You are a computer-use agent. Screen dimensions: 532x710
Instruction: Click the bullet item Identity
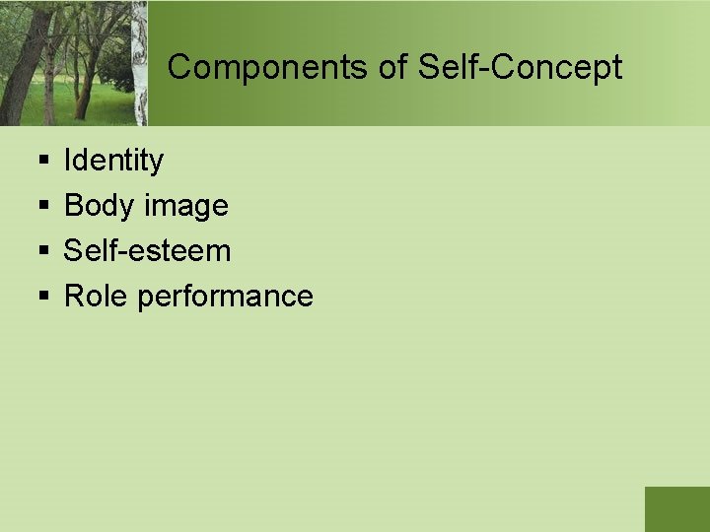click(x=113, y=160)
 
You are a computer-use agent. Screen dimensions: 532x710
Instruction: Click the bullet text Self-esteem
click(x=147, y=250)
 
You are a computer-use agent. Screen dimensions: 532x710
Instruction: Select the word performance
click(x=226, y=297)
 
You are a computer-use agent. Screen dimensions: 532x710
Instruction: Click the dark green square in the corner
click(x=676, y=508)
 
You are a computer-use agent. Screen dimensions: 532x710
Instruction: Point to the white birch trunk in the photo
click(x=140, y=69)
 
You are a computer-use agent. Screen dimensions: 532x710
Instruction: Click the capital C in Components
click(x=178, y=67)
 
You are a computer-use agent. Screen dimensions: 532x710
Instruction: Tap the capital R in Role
click(x=74, y=296)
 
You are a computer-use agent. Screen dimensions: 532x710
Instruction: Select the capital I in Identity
click(x=68, y=160)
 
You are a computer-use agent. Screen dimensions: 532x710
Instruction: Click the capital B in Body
click(x=74, y=205)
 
